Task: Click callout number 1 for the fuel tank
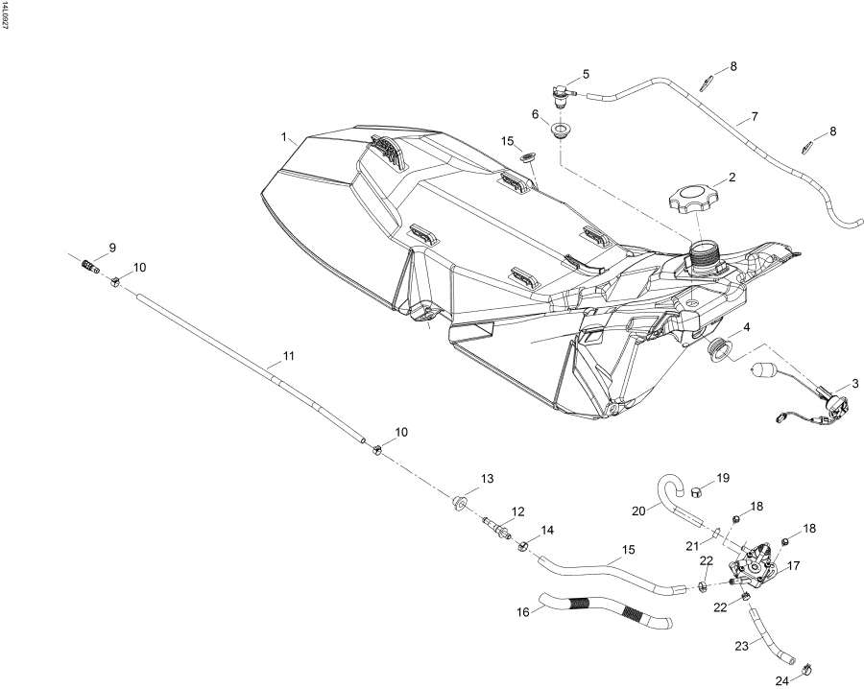coord(285,137)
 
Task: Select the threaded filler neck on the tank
coord(705,257)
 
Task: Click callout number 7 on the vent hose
coord(755,117)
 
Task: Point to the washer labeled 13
coord(459,502)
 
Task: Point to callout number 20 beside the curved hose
coord(638,511)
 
